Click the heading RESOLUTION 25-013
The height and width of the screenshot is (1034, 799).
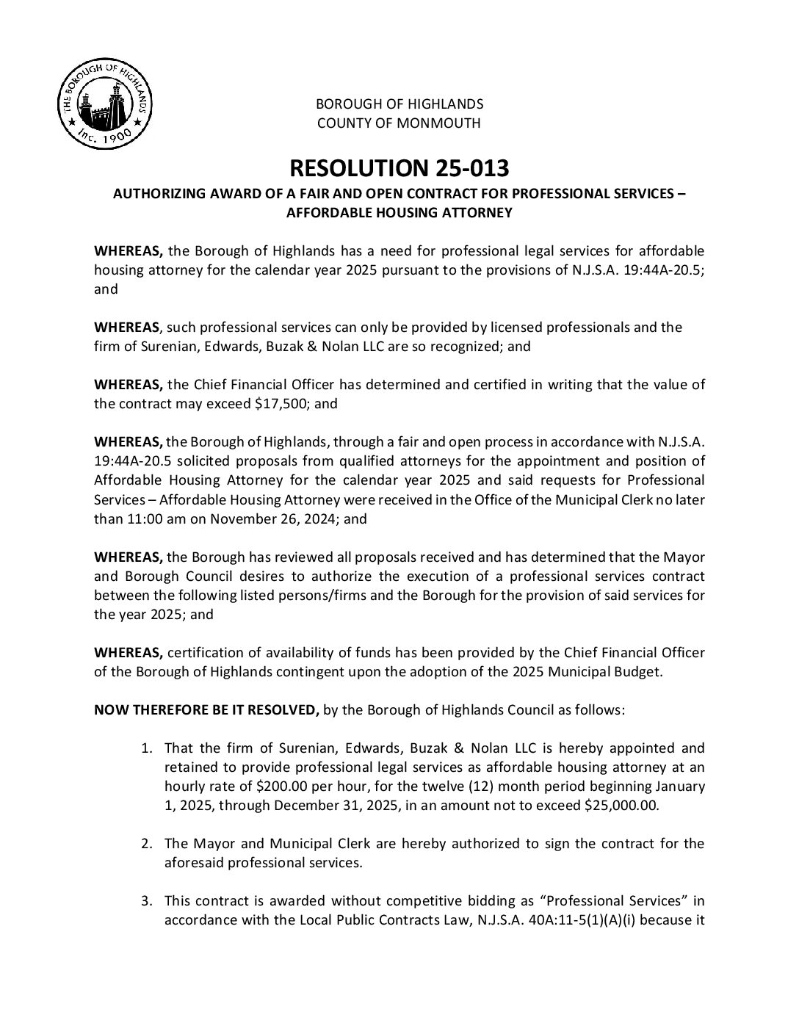pyautogui.click(x=399, y=168)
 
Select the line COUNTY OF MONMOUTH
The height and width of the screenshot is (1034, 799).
pyautogui.click(x=399, y=123)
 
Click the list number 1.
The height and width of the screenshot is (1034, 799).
pyautogui.click(x=146, y=748)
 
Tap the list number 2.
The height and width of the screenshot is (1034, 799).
pyautogui.click(x=146, y=843)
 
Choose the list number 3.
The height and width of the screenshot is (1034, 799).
pyautogui.click(x=146, y=900)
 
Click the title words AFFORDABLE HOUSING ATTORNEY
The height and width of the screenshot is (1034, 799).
pyautogui.click(x=399, y=213)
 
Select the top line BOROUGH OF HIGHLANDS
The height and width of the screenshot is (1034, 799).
pyautogui.click(x=399, y=104)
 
